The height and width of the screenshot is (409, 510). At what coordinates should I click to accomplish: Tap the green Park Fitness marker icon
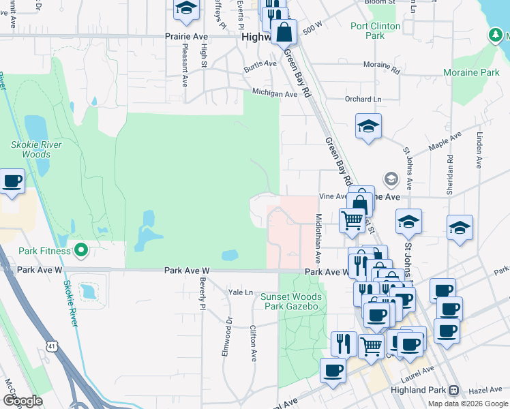click(x=81, y=251)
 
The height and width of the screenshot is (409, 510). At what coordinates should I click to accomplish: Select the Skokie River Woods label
click(x=36, y=149)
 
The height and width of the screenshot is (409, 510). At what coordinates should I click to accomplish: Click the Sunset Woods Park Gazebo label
click(x=291, y=301)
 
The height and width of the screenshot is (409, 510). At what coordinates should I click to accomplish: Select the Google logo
click(x=22, y=401)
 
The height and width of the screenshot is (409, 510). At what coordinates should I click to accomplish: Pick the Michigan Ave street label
click(x=275, y=93)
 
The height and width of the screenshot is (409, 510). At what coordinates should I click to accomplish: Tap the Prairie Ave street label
click(x=185, y=37)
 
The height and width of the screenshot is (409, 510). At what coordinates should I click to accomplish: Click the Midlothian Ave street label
click(x=318, y=239)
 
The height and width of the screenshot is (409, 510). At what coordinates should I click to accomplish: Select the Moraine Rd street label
click(x=382, y=66)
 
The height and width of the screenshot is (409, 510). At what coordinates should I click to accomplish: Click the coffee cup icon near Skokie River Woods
click(x=12, y=182)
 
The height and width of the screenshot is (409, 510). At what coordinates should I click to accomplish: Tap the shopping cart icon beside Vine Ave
click(x=352, y=219)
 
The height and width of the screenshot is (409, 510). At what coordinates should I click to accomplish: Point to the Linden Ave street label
click(x=480, y=151)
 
